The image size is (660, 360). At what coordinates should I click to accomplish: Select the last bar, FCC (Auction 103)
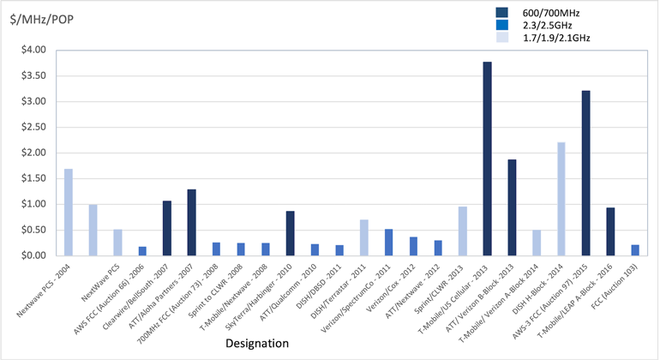(x=634, y=250)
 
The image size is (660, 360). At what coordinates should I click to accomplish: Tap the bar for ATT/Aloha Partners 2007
(x=192, y=222)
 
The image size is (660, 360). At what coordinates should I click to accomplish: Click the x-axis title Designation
(x=256, y=344)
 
